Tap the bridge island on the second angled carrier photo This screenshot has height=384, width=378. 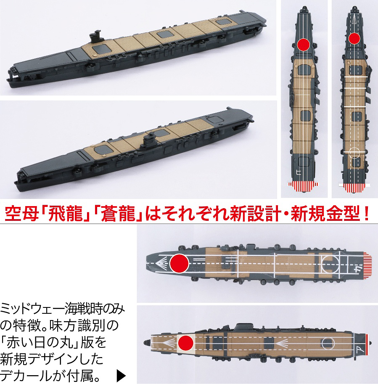[x=150, y=140]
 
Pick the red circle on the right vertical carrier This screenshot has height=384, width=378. [x=354, y=38]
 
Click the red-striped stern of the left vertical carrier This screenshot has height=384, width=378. [x=303, y=187]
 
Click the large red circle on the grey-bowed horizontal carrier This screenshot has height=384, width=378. [x=179, y=263]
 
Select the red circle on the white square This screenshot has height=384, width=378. [x=186, y=343]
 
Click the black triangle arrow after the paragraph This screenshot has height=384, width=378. [x=121, y=375]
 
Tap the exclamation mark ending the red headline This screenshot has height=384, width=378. [x=366, y=214]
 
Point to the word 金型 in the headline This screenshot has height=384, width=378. [x=342, y=214]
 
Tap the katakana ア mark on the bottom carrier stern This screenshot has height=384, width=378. [x=359, y=351]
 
